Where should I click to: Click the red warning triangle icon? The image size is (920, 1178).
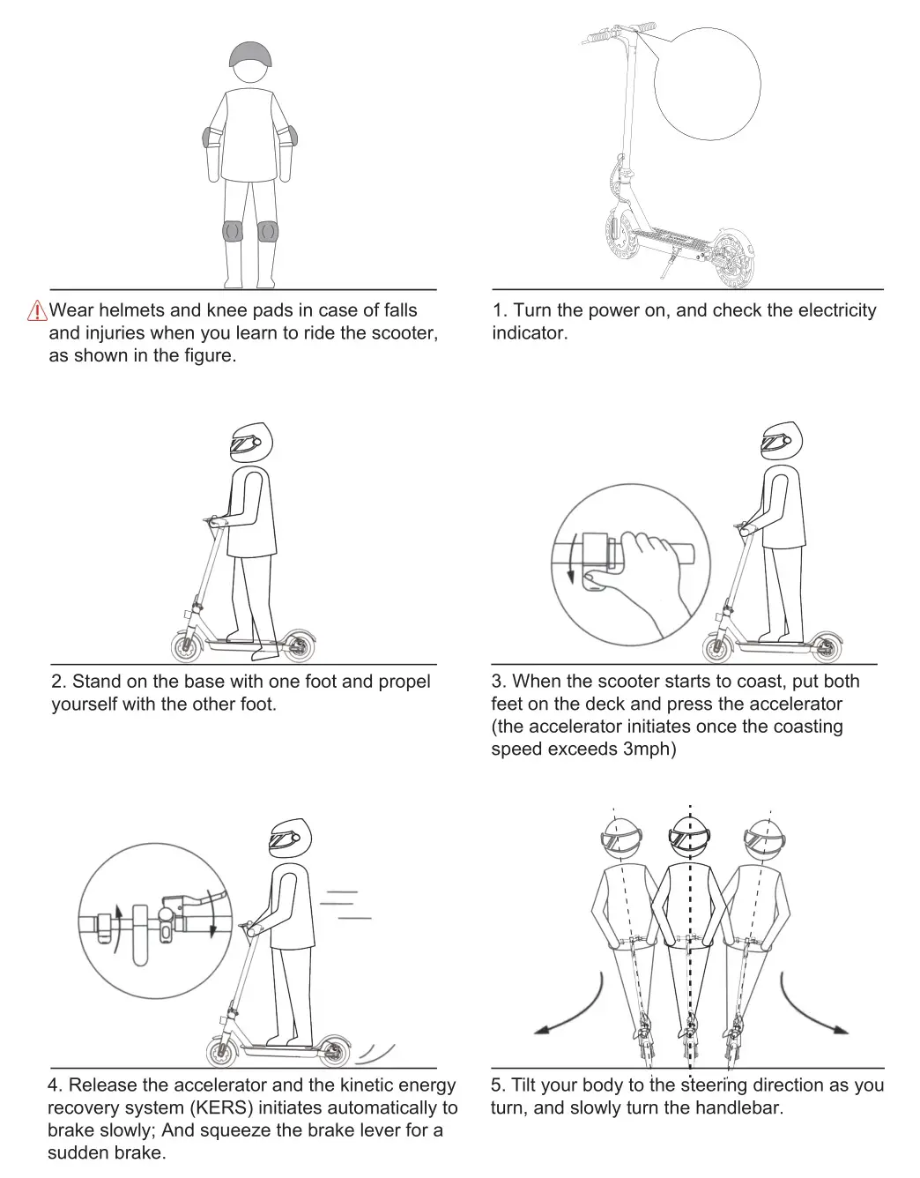(x=38, y=311)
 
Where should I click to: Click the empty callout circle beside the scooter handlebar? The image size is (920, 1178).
(x=708, y=81)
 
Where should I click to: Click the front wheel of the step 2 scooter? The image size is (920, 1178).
(x=187, y=648)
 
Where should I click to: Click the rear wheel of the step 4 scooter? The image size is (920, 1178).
(x=335, y=1051)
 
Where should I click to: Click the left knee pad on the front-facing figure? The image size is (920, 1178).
(x=232, y=231)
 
